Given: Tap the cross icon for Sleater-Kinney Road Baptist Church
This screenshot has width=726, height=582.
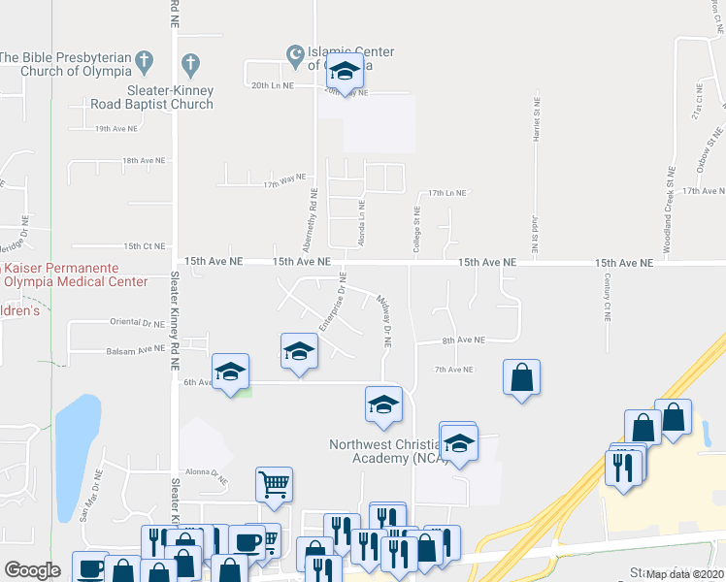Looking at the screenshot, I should pos(191,66).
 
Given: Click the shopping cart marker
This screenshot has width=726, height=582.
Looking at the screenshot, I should pos(275,483).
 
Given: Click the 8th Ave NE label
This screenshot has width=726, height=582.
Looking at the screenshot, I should pos(463,340).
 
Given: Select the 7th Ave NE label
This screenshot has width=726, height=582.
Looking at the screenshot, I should pos(453,370).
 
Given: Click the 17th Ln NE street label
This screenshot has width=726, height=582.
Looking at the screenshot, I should pos(447,193).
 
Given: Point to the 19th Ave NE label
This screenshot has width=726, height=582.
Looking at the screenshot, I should pos(115,128).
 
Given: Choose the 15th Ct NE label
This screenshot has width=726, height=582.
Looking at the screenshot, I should pos(145,246).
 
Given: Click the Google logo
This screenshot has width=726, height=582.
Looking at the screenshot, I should pos(32,570).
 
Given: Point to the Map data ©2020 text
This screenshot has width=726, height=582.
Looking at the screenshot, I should pos(684,574).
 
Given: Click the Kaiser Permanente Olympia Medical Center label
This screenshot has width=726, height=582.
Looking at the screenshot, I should pos(60,275).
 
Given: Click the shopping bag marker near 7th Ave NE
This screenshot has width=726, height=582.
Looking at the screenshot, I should pos(522,377).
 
